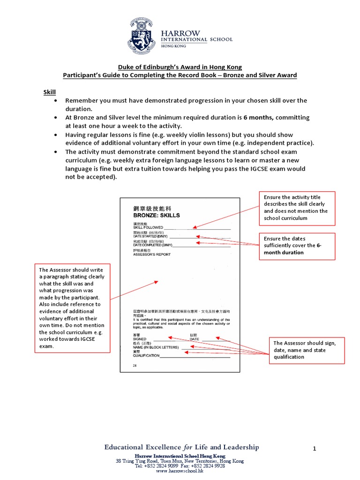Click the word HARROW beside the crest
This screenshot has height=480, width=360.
click(180, 33)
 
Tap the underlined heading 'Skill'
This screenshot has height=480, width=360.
click(50, 93)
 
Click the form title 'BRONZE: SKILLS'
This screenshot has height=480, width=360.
click(157, 215)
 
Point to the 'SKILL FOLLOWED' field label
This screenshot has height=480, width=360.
click(148, 227)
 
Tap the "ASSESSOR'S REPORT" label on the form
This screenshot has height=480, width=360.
click(152, 255)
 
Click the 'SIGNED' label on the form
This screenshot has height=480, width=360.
click(140, 338)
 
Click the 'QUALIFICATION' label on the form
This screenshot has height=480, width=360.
click(146, 355)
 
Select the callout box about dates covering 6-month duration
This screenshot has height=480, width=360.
click(297, 246)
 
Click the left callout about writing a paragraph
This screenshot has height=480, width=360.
click(72, 308)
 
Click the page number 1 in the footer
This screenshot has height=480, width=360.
click(315, 449)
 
